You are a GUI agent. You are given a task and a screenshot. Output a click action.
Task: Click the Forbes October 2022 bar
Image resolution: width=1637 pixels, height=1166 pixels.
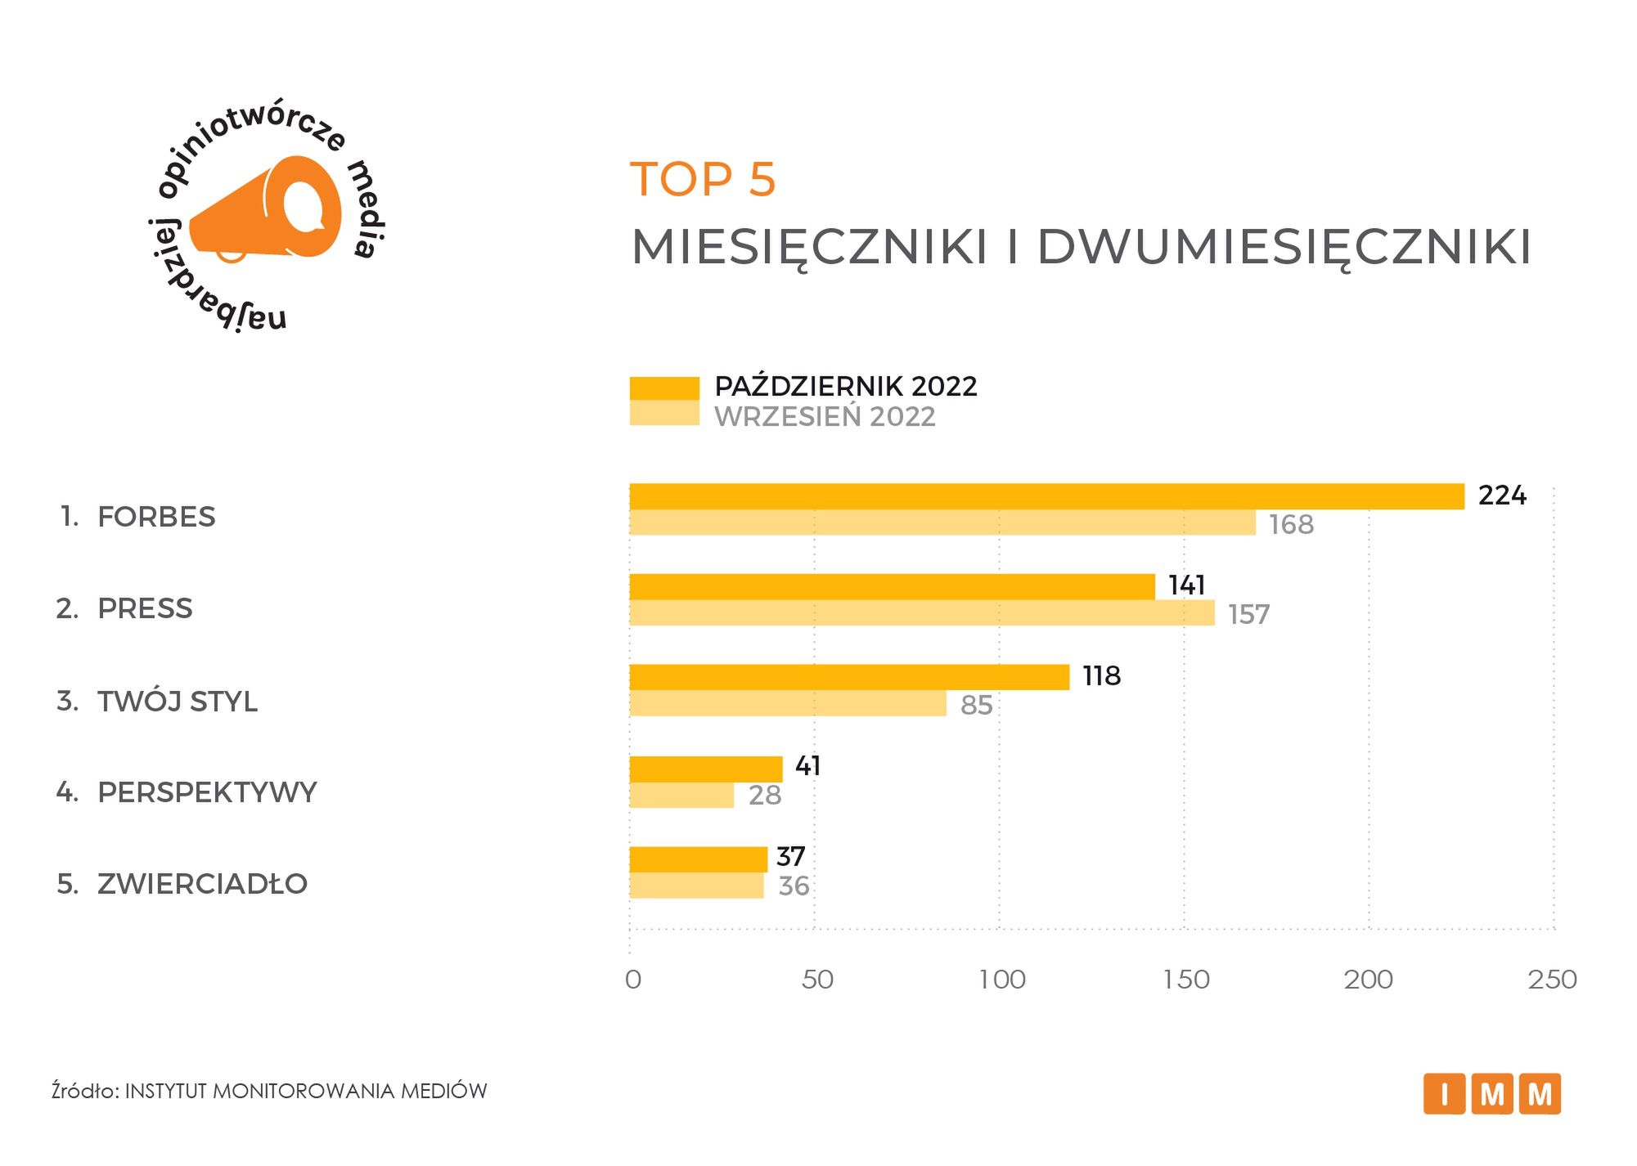click(1046, 496)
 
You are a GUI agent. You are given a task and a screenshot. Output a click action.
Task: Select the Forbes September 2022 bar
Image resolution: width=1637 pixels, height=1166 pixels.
click(942, 523)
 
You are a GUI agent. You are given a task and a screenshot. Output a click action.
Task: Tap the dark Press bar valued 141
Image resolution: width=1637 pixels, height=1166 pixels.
click(892, 586)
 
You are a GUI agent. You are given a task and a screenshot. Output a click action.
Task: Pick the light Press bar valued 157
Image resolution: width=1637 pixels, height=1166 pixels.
click(921, 613)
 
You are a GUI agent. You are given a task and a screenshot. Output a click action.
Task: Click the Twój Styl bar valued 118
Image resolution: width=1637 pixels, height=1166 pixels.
click(849, 677)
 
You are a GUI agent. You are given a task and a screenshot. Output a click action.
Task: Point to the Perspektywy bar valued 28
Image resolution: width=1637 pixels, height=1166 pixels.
click(681, 796)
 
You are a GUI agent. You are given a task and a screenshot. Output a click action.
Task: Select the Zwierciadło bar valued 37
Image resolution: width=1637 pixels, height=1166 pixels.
click(698, 859)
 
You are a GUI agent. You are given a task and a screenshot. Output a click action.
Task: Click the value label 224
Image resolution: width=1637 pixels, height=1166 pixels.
click(1502, 496)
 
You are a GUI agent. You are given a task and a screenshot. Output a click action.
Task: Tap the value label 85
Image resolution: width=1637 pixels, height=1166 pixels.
click(976, 705)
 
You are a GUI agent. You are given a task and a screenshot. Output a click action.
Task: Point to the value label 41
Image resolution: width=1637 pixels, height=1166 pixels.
click(807, 766)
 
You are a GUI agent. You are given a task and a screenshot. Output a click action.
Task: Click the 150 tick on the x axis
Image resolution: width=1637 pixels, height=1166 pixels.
click(1185, 980)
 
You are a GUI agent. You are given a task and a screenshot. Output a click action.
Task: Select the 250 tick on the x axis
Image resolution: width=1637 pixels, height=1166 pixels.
click(1552, 980)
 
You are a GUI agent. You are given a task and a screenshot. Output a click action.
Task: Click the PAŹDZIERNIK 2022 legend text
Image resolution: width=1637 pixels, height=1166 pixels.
click(846, 387)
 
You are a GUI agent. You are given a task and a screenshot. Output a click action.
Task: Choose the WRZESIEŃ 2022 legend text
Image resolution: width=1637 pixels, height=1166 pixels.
click(825, 417)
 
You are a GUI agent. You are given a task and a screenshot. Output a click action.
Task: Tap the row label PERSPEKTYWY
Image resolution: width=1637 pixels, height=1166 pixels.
click(206, 792)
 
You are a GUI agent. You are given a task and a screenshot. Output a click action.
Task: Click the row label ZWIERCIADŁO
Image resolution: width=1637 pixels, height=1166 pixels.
click(202, 884)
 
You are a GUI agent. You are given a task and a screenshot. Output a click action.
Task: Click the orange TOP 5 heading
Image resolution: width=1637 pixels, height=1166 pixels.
click(703, 180)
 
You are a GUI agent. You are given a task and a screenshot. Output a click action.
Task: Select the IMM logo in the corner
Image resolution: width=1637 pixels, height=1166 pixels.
click(1491, 1093)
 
